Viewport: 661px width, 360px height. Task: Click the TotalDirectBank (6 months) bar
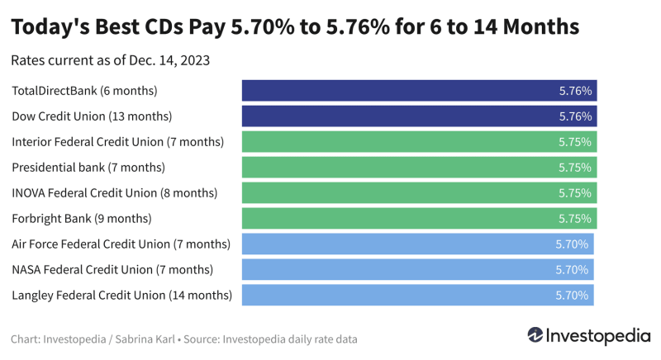(419, 91)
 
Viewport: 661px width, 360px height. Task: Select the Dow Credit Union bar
(419, 116)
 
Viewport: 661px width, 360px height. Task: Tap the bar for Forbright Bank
(419, 219)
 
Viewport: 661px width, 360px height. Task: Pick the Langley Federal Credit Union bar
(417, 295)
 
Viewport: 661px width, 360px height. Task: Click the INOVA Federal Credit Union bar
(419, 193)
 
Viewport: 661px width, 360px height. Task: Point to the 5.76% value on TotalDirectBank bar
(575, 91)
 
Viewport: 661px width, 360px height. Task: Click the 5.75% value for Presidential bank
(575, 168)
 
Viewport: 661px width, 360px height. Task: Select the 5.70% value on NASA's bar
(572, 270)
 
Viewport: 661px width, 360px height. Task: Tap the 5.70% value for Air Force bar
(572, 244)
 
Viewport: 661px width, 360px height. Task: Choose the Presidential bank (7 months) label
(88, 168)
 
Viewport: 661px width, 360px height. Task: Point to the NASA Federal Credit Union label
(112, 269)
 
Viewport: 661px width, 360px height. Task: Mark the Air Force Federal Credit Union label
(121, 244)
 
